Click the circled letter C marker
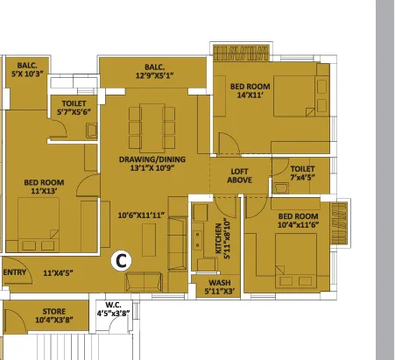click(x=123, y=259)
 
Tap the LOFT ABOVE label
click(x=240, y=175)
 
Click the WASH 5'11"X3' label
click(x=218, y=286)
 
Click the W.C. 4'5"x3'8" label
click(x=112, y=308)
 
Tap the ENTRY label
click(x=15, y=272)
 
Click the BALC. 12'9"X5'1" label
click(x=155, y=72)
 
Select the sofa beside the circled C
click(x=144, y=281)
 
